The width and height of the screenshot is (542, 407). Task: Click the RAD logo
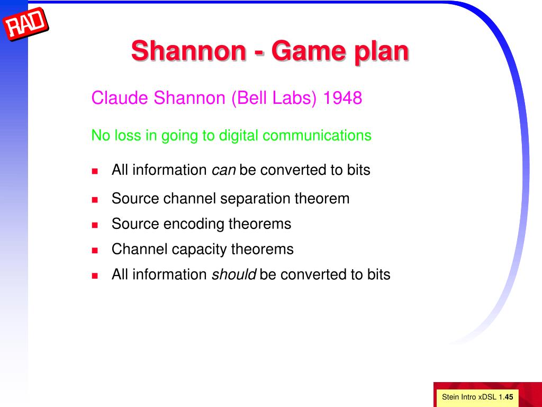(x=25, y=24)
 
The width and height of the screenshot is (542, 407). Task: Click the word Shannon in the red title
(x=189, y=50)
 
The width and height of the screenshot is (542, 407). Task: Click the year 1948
(x=342, y=98)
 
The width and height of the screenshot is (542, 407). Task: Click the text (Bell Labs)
(x=274, y=98)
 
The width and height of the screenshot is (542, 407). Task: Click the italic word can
(x=224, y=171)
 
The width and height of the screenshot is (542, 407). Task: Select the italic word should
(x=233, y=275)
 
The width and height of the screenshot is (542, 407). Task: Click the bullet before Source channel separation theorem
(x=95, y=200)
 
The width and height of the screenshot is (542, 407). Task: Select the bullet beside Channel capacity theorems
(x=95, y=250)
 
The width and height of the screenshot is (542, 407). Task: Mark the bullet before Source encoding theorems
(x=95, y=225)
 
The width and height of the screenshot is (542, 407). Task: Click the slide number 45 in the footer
(x=509, y=397)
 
